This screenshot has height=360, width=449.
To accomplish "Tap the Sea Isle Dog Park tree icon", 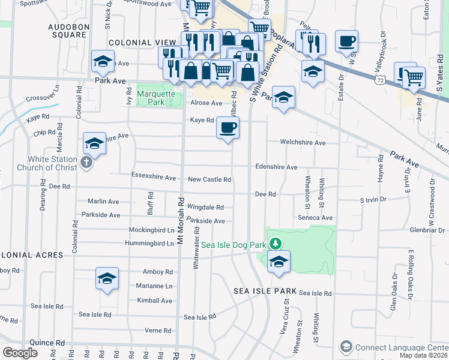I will (x=275, y=243).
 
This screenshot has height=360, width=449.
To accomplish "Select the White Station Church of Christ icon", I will (x=86, y=163).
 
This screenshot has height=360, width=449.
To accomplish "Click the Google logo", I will (x=19, y=352).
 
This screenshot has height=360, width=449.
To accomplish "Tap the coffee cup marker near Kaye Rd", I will (x=228, y=127).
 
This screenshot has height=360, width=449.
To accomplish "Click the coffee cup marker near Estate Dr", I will (x=346, y=41).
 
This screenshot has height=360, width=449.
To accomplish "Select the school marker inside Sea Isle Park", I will (x=279, y=261).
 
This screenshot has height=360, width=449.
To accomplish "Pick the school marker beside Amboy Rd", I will (x=107, y=278).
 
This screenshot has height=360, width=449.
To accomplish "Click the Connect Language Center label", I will (x=401, y=347).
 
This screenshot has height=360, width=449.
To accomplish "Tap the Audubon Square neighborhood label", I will (x=77, y=31).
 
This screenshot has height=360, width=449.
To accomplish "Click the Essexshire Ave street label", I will (x=153, y=178).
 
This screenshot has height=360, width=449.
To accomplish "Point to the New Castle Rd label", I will (x=209, y=179).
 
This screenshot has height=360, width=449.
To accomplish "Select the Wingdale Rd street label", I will (x=205, y=207).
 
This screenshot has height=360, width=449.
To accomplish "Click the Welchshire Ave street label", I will (x=303, y=143).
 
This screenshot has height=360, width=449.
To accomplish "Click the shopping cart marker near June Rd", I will (x=414, y=76).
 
